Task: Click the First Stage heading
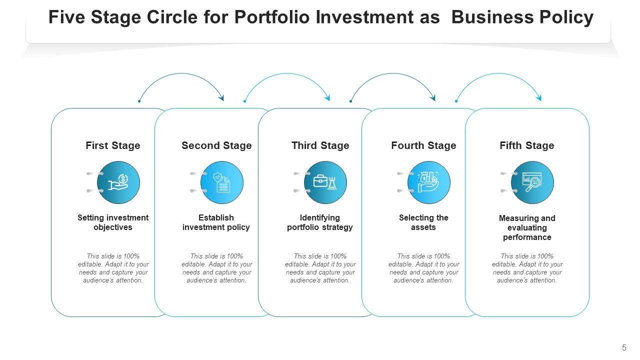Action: (x=113, y=145)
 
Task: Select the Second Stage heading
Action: (x=216, y=145)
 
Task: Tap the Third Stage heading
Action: (x=320, y=145)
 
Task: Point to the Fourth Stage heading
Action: (x=423, y=145)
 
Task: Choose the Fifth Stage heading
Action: (x=527, y=145)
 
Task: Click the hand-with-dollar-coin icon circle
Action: (x=118, y=182)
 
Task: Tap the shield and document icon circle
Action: (x=222, y=182)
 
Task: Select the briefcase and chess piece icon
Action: (x=325, y=182)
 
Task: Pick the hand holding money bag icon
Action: (x=429, y=182)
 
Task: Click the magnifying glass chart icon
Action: (x=532, y=182)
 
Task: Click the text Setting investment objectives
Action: (x=113, y=222)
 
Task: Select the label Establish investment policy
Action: (x=216, y=222)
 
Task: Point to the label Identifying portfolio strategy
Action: (x=320, y=222)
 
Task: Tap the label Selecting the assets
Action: (x=423, y=222)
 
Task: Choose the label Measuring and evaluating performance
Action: (x=527, y=227)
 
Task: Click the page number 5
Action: (x=624, y=348)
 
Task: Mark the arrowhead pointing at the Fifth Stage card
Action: (x=538, y=98)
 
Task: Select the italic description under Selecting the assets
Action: (x=423, y=268)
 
